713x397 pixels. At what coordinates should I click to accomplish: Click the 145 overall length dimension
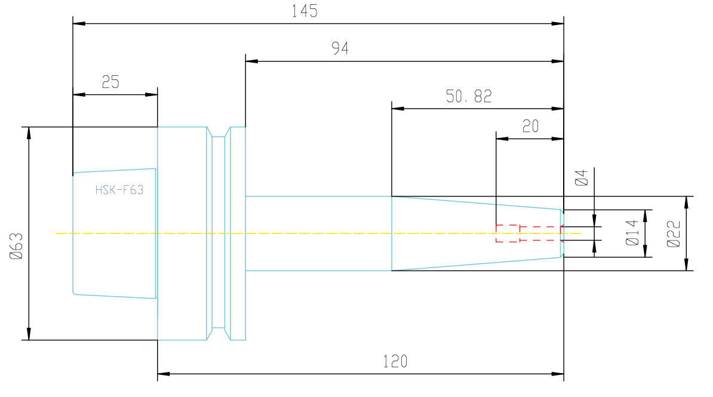point(304,11)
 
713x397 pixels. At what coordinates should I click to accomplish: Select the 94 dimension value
point(340,48)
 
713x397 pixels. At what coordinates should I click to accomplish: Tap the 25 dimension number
point(110,82)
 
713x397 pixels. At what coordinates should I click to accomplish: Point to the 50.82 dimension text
point(469,96)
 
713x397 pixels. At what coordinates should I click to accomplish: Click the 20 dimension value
point(531,126)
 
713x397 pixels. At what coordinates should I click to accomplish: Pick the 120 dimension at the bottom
point(395,362)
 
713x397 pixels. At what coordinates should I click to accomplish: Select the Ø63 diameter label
point(16,246)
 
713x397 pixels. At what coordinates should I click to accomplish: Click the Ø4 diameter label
point(582,178)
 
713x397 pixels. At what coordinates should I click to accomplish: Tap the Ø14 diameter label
point(632,233)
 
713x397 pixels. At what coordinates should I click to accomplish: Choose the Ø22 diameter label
point(674,234)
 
